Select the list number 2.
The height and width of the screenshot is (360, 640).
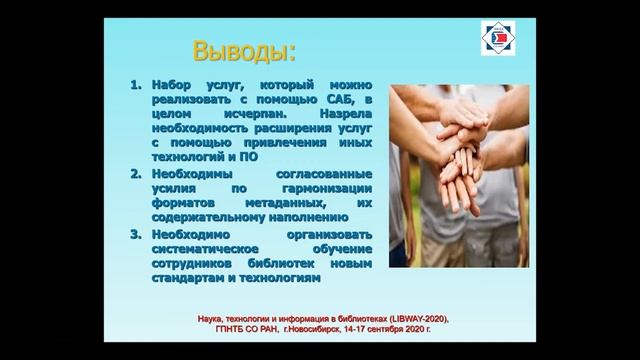[137, 173]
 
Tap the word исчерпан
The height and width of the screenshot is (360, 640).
[254, 115]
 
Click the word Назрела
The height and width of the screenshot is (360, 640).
[343, 115]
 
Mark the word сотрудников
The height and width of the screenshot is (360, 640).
[197, 263]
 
